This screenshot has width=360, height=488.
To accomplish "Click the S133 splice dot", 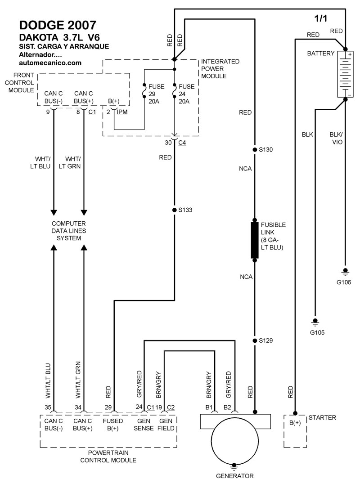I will tap(175, 210).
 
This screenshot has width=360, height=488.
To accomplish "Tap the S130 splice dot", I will tap(255, 149).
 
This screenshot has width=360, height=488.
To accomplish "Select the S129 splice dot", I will tap(255, 340).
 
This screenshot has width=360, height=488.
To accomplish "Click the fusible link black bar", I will tap(255, 240).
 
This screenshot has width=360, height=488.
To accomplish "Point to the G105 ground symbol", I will tap(315, 322).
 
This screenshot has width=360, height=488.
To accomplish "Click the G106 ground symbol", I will tap(346, 271).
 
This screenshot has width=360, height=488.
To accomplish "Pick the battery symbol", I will tap(345, 74).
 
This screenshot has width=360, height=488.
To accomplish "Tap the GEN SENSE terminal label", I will tap(144, 425).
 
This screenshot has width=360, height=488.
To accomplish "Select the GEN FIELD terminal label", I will tap(166, 425).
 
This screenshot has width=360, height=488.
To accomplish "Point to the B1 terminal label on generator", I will tap(209, 407).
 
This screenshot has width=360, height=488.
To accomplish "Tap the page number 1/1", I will tap(321, 19).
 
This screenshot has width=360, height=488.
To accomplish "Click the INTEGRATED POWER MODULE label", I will tap(220, 69).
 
